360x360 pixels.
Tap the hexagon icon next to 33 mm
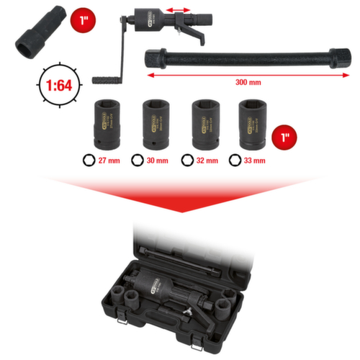coord(235,160)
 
